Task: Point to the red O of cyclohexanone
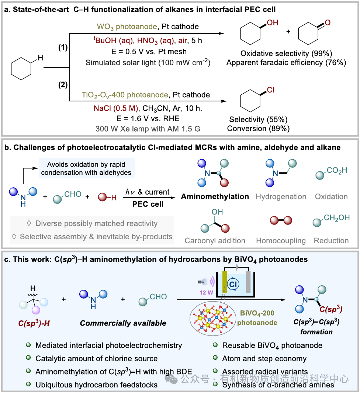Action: (328, 23)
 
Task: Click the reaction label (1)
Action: (63, 48)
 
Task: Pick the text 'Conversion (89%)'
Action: (258, 129)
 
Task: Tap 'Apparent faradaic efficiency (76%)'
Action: (286, 62)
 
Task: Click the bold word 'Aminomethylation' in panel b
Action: (215, 196)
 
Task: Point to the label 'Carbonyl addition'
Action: (215, 241)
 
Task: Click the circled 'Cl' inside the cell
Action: (232, 285)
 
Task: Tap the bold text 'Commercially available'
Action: (123, 323)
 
